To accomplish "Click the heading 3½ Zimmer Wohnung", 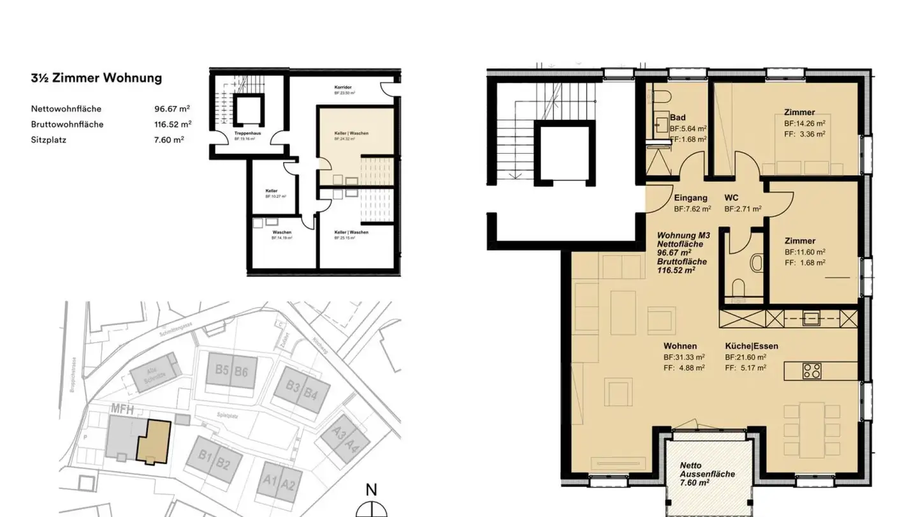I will (x=96, y=79).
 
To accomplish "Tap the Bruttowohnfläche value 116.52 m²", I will (x=168, y=124).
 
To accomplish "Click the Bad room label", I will (x=678, y=118).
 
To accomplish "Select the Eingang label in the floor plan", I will (x=691, y=198).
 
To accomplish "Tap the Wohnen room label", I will (x=680, y=346).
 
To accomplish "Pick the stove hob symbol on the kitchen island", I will (x=812, y=371).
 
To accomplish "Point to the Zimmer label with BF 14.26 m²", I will (x=799, y=112).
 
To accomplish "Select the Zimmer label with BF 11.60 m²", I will (x=799, y=241).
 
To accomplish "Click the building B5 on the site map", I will (x=222, y=371).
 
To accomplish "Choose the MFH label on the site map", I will (x=122, y=409).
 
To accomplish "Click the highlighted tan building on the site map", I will (x=152, y=442).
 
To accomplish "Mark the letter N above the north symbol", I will (x=371, y=490).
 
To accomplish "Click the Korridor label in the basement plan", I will (x=344, y=87).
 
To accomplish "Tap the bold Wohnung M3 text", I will (x=683, y=236).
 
